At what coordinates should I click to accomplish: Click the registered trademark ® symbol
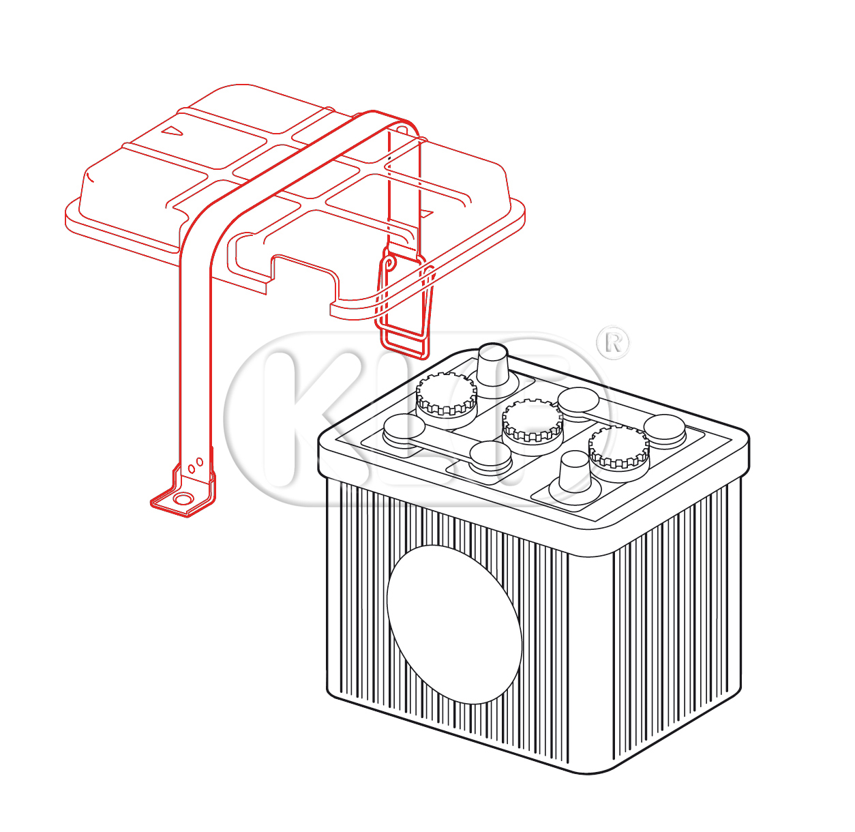(x=613, y=343)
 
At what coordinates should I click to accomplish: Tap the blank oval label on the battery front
(x=454, y=624)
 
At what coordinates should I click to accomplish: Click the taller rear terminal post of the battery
(x=492, y=366)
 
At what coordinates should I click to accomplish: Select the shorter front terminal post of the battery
(x=575, y=473)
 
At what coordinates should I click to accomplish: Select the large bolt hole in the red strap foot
(x=183, y=499)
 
